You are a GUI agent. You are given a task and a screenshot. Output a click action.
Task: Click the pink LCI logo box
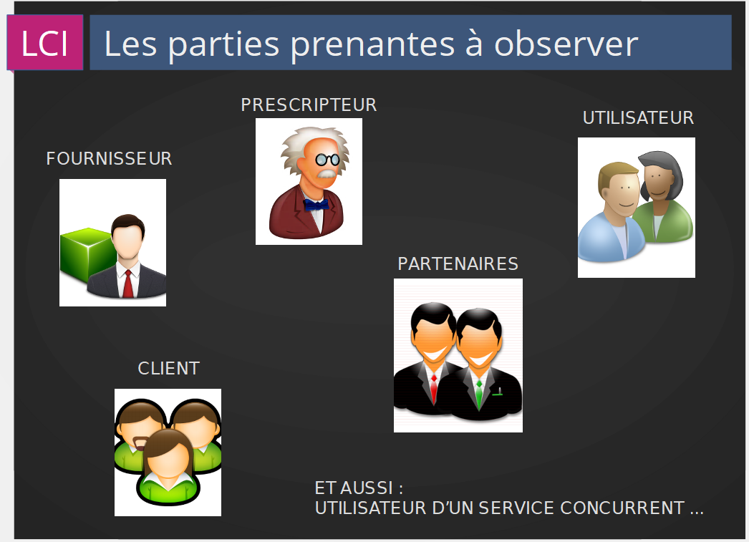coord(45,42)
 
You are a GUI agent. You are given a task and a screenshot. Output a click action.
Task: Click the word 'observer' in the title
coord(566,44)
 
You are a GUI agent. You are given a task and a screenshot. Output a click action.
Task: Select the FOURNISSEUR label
coord(109,158)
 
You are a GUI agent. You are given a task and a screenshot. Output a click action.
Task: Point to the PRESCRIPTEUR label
coord(309,105)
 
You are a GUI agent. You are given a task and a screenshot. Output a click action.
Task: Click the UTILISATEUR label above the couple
coord(638,118)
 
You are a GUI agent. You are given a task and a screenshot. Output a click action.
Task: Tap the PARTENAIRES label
coord(458,264)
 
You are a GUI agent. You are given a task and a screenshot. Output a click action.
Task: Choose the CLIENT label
coord(168,369)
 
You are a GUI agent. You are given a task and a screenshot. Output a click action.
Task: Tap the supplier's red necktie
coord(128,284)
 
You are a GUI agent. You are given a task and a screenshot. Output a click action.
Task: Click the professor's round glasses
coord(328,160)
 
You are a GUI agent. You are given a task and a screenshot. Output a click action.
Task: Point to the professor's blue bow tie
coord(316,205)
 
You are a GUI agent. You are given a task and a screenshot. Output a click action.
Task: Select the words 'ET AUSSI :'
coord(359,488)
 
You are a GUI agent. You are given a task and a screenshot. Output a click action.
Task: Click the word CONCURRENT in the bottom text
coord(622,508)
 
